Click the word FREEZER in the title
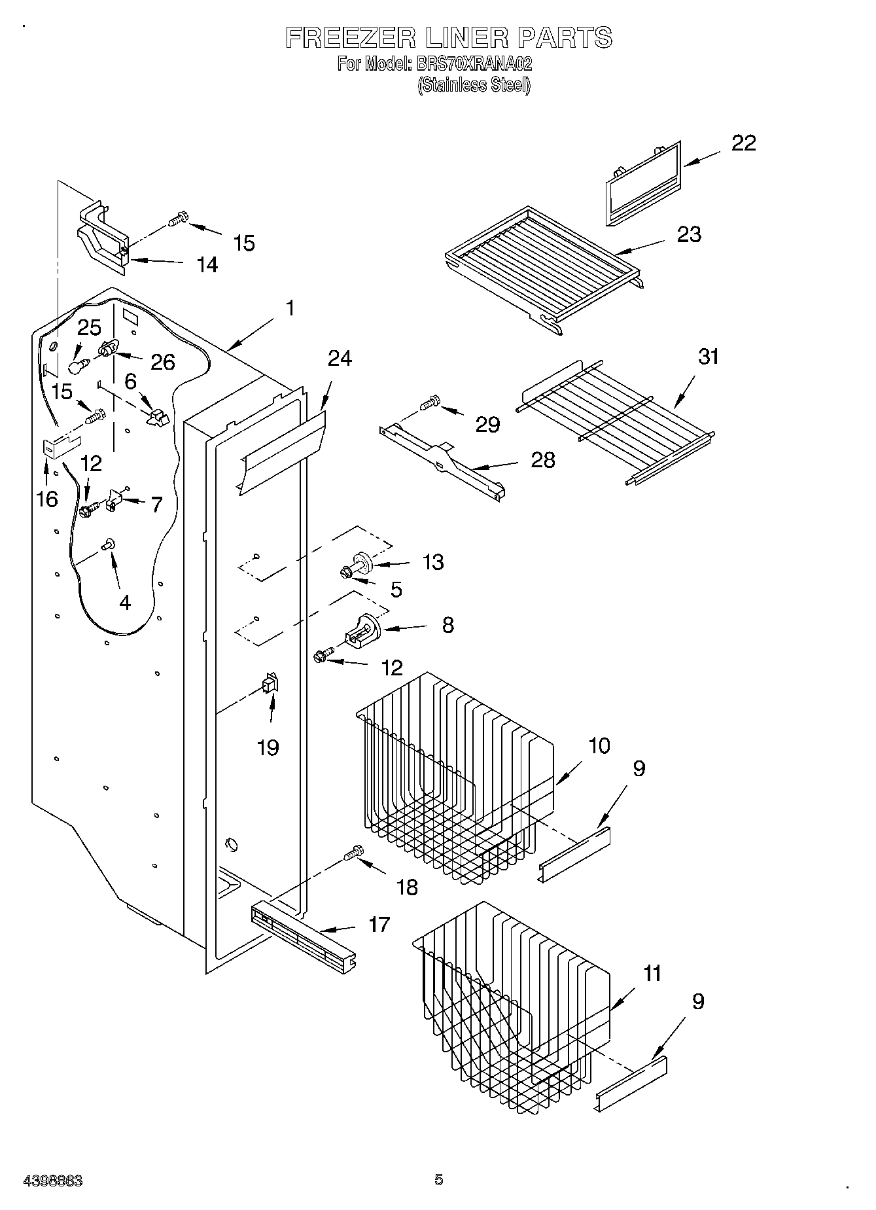[x=350, y=38]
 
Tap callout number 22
[x=743, y=143]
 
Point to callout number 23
[x=688, y=234]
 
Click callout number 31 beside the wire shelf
[x=708, y=357]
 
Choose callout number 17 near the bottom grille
[x=379, y=925]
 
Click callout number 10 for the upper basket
[x=599, y=745]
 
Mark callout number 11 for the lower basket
[x=652, y=973]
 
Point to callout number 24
[x=340, y=359]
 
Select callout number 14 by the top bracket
[x=207, y=264]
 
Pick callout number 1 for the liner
[x=290, y=308]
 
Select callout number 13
[x=433, y=561]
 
